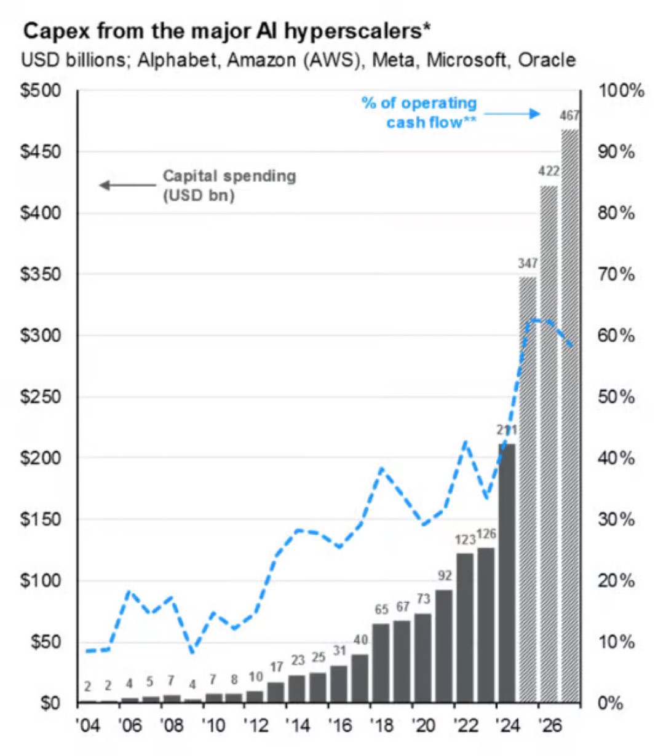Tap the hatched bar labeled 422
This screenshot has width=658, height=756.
click(x=549, y=443)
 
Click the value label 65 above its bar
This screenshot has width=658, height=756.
click(x=381, y=609)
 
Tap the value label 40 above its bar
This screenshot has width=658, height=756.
click(x=360, y=640)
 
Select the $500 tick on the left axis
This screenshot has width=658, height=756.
click(x=41, y=91)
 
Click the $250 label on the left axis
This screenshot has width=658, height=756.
click(x=41, y=397)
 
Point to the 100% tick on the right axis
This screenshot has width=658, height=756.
click(x=621, y=91)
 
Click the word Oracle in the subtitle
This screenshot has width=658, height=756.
click(x=547, y=60)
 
